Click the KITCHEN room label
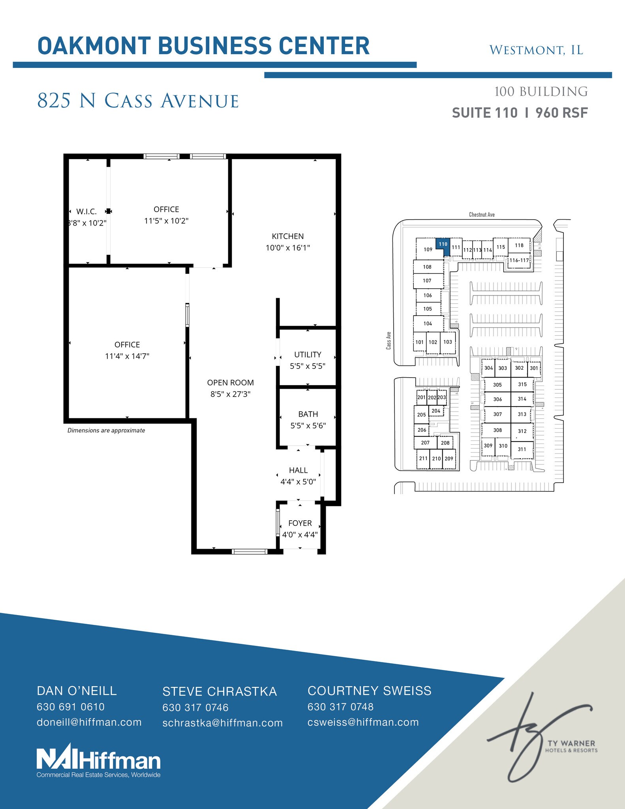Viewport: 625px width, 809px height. [x=287, y=236]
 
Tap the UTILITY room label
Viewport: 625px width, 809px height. [x=308, y=354]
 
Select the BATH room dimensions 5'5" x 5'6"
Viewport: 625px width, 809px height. [x=308, y=425]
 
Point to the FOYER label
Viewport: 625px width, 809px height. [x=300, y=523]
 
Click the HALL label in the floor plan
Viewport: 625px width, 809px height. [x=298, y=470]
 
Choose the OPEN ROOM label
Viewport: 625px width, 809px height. [x=230, y=382]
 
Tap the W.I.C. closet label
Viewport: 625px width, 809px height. [x=86, y=212]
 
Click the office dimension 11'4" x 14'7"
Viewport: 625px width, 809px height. [x=127, y=356]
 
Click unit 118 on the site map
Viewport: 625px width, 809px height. [x=519, y=245]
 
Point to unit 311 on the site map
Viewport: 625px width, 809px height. [x=522, y=449]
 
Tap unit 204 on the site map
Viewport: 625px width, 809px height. [x=436, y=411]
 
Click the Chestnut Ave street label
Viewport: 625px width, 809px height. [x=482, y=214]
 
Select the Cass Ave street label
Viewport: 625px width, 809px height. [x=389, y=340]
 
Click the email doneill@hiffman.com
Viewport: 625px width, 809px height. [x=89, y=722]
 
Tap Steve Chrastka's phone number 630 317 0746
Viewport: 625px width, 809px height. [x=195, y=707]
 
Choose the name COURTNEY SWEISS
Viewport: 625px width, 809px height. [x=370, y=691]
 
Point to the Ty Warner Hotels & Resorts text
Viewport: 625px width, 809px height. [x=571, y=747]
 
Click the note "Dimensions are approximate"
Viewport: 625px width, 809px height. [x=106, y=431]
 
